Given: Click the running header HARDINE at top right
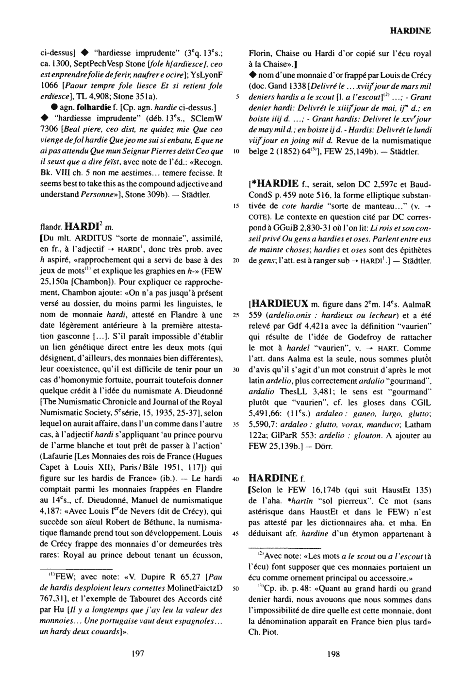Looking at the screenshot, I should (410, 31).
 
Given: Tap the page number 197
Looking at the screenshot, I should (138, 654).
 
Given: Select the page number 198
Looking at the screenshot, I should (333, 654).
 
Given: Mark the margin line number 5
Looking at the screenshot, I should (237, 97).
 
